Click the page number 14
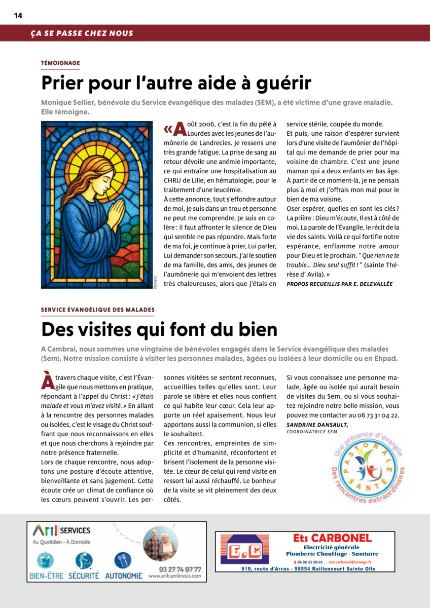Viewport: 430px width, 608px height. (18, 15)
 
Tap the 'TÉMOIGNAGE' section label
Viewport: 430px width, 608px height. (60, 63)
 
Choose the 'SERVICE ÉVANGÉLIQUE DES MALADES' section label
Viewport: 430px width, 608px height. (98, 309)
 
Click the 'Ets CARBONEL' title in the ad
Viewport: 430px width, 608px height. (332, 538)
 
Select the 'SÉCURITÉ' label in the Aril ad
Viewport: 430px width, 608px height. (84, 576)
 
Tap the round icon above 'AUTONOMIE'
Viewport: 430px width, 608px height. (123, 560)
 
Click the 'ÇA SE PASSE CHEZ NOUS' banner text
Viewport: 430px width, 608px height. (82, 33)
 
